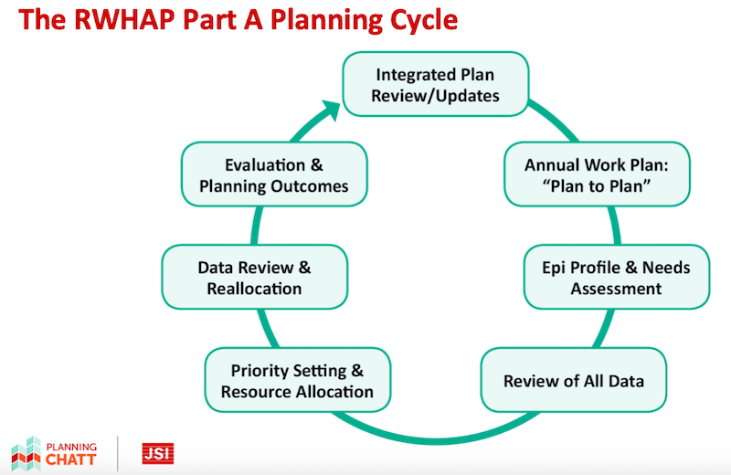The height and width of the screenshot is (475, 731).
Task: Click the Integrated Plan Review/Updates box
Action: (x=436, y=84)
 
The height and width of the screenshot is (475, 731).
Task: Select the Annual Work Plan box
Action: (x=597, y=174)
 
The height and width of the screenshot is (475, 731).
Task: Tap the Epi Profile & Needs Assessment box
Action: (x=616, y=277)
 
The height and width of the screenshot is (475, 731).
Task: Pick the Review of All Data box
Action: (x=574, y=380)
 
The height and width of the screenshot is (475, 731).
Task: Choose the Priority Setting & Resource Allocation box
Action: (x=298, y=380)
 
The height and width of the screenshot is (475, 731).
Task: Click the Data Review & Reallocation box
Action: (x=255, y=277)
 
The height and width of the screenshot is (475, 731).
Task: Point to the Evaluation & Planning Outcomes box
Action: (x=274, y=174)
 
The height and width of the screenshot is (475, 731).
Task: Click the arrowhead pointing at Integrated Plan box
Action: (x=331, y=111)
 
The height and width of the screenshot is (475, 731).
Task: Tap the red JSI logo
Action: (x=158, y=454)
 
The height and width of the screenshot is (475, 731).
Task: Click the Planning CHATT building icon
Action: (x=26, y=454)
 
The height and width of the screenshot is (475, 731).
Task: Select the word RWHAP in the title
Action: (x=124, y=20)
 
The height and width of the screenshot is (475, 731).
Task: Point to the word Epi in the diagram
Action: (x=554, y=268)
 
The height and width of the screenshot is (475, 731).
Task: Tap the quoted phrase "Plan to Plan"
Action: (x=597, y=186)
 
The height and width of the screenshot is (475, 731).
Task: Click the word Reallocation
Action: (x=254, y=289)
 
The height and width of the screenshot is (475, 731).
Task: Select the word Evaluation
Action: (x=265, y=165)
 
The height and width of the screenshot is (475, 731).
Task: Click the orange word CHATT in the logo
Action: (x=71, y=460)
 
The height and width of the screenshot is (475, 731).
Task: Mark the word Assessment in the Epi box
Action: (x=616, y=289)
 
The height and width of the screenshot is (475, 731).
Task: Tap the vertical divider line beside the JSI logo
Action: (x=118, y=454)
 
